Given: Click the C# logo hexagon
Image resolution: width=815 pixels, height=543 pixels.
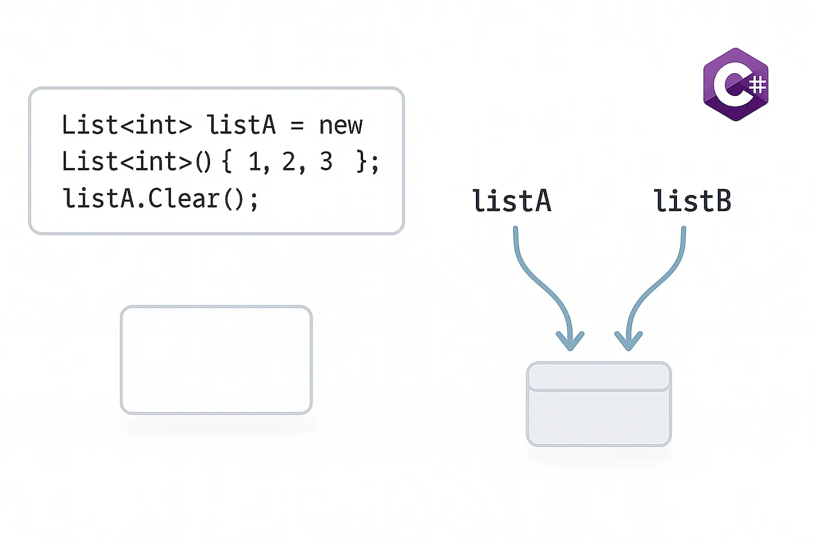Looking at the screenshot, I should (x=736, y=85).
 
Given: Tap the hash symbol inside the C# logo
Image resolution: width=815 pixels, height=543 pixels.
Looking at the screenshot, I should (x=758, y=85).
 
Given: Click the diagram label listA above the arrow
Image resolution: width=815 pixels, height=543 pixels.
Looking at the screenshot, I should (x=511, y=201).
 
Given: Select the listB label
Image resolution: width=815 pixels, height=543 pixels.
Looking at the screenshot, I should (x=692, y=201).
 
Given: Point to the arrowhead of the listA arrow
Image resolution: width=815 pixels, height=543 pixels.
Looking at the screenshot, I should (x=570, y=342).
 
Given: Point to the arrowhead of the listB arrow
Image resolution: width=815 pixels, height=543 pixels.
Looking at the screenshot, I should (x=628, y=342).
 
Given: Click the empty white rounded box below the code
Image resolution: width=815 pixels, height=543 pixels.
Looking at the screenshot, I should (x=216, y=360).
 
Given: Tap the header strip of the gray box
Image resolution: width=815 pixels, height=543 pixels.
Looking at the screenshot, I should (x=598, y=377).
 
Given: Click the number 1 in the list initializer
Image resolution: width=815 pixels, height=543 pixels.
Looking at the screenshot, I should (x=254, y=162).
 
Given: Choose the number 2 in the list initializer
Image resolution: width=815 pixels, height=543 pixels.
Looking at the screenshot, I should (x=289, y=162).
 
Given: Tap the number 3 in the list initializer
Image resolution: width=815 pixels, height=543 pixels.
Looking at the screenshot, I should (x=326, y=162).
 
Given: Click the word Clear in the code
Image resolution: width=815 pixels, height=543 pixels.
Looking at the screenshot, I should (x=184, y=199).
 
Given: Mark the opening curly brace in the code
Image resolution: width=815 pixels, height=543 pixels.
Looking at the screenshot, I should (x=227, y=162).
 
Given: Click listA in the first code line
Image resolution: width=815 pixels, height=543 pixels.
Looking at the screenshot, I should (x=241, y=125).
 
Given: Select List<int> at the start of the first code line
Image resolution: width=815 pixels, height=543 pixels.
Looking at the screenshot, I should (x=127, y=125).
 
